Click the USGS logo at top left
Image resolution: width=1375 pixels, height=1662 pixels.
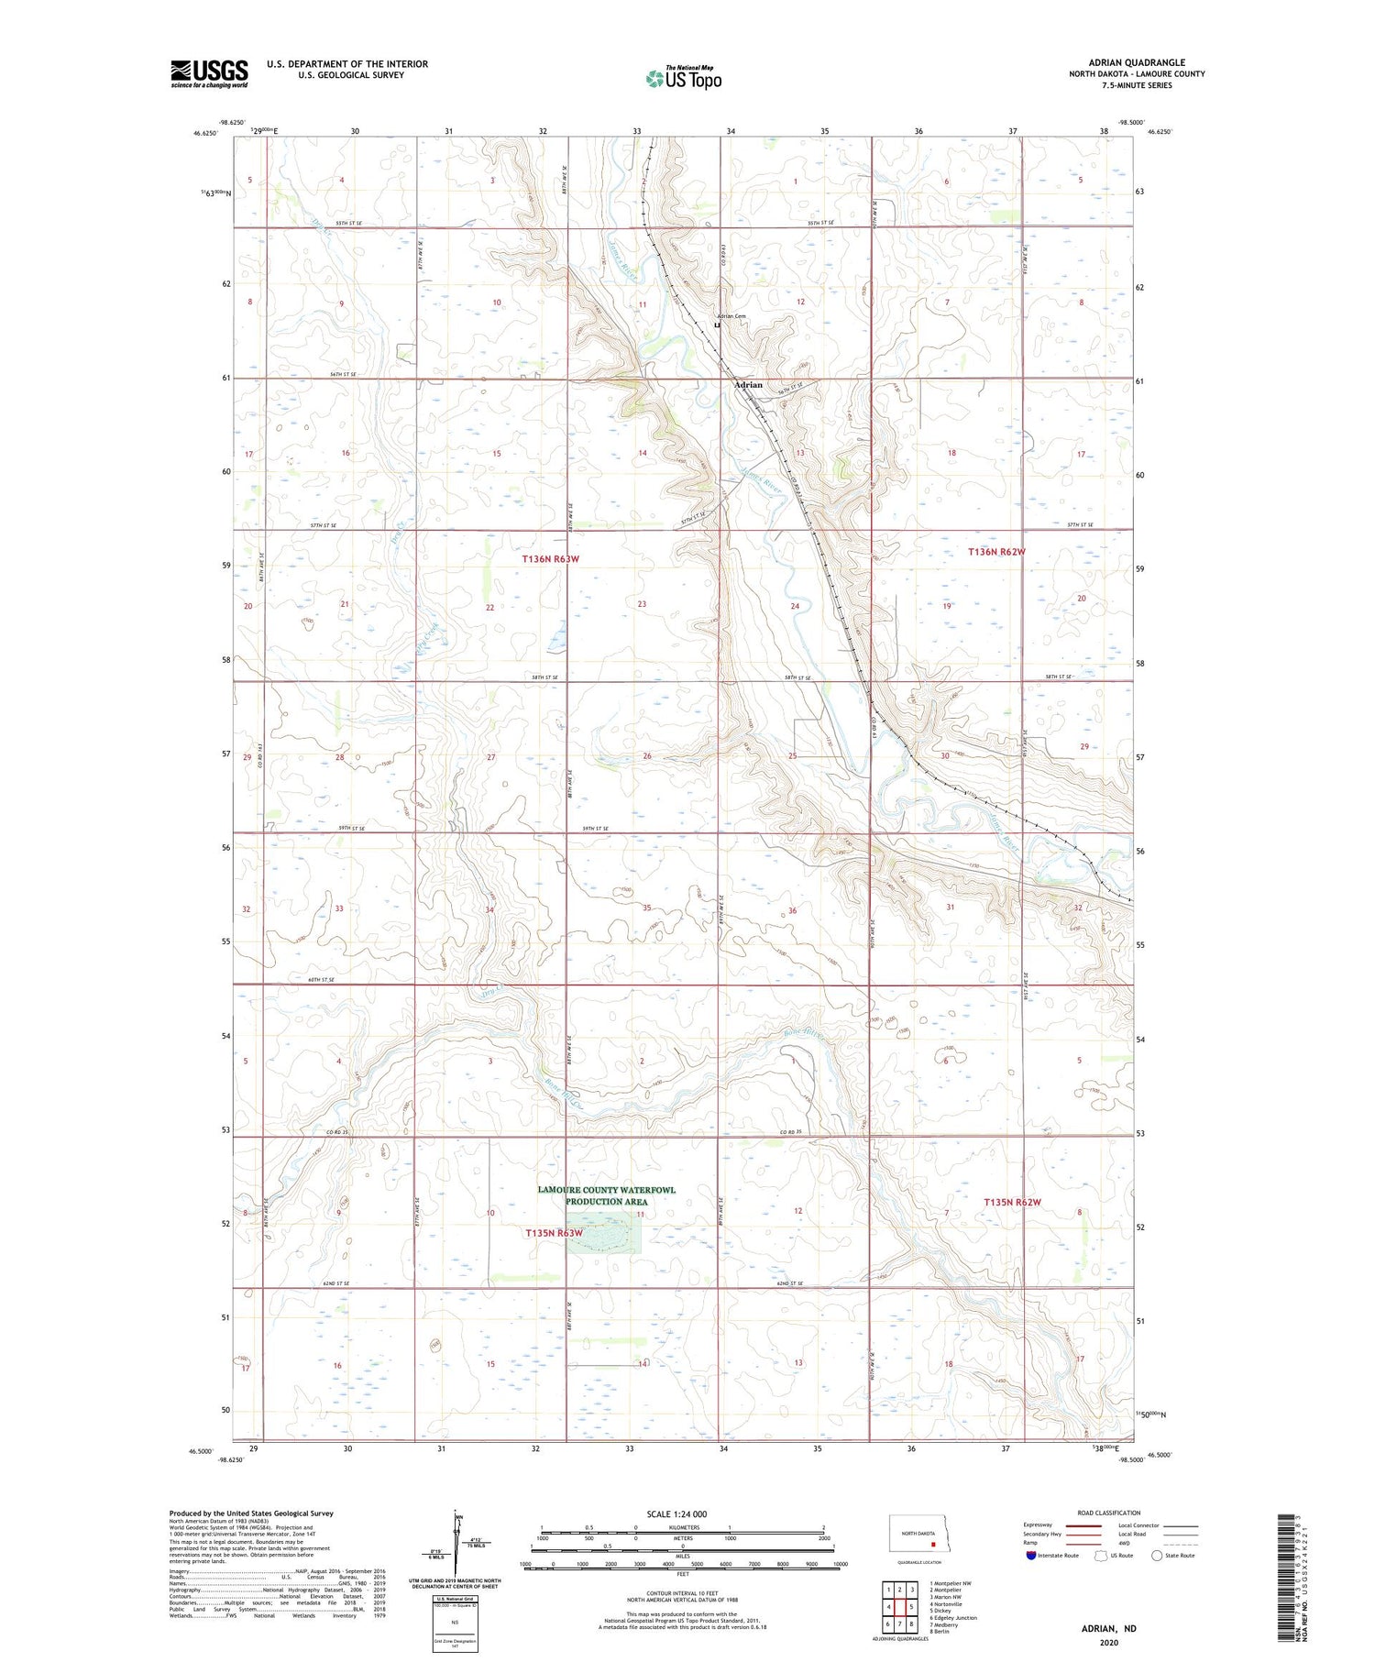tap(209, 73)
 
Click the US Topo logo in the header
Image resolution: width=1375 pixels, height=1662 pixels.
tap(683, 79)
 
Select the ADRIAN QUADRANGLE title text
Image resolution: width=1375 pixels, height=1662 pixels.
tap(1136, 62)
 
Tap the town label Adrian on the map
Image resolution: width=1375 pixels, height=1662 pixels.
tap(748, 385)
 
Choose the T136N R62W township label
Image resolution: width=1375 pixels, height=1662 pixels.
tap(996, 552)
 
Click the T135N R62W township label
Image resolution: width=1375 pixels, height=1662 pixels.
tap(1012, 1202)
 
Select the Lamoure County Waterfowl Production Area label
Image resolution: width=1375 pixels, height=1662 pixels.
tap(606, 1195)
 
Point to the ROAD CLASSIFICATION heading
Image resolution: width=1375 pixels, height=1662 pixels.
tap(1109, 1513)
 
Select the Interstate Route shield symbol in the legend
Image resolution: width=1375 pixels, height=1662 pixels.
tap(1030, 1556)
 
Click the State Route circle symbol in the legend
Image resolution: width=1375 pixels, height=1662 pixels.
tap(1157, 1555)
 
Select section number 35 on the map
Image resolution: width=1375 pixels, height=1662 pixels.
tap(646, 908)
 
